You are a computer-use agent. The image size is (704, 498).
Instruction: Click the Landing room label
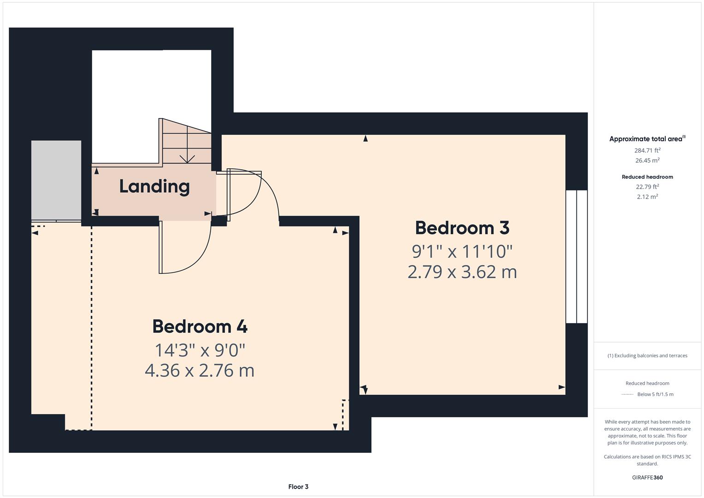[154, 186]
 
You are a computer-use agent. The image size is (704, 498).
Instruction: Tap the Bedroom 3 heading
[462, 228]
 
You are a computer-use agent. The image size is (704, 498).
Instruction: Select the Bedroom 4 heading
[200, 326]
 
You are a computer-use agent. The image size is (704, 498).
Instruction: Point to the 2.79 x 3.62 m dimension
[462, 272]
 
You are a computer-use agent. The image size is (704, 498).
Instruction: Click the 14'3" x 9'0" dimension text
[200, 350]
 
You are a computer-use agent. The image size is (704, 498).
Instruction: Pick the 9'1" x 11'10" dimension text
[462, 252]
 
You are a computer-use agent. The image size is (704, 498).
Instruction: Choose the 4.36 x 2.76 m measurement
[200, 371]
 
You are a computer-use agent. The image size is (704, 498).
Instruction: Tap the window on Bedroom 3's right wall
[576, 256]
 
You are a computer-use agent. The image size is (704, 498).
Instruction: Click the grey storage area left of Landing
[56, 180]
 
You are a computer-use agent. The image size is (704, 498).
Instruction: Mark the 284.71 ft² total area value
[647, 150]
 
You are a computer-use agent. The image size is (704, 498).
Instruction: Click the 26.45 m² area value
[647, 160]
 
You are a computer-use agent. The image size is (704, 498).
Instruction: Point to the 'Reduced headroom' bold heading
[647, 177]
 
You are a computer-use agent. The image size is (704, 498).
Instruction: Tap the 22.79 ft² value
[647, 187]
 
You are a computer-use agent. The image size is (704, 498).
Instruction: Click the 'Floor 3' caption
[298, 486]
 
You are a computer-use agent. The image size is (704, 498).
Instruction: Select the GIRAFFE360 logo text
[647, 478]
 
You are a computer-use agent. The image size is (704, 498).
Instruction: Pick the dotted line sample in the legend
[627, 394]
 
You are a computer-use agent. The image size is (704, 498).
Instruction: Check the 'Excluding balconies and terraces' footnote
[647, 356]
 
